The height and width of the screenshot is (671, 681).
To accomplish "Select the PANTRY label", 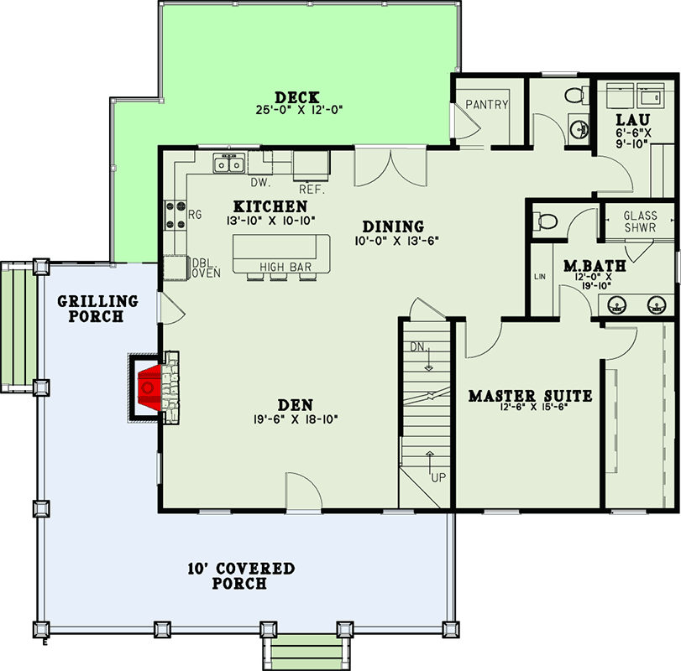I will (487, 105).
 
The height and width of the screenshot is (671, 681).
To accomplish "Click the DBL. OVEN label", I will (205, 267).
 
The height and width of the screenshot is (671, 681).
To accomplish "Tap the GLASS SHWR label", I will (640, 222).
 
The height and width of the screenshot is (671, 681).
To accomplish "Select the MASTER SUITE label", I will (530, 395).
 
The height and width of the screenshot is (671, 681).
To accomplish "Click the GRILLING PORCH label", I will (85, 309).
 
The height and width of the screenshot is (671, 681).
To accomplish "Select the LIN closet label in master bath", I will (539, 276).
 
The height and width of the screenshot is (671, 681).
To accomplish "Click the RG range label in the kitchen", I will (195, 216).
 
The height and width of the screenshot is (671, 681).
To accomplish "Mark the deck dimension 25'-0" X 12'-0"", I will (300, 110).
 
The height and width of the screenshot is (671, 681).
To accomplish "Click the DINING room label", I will (393, 226).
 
